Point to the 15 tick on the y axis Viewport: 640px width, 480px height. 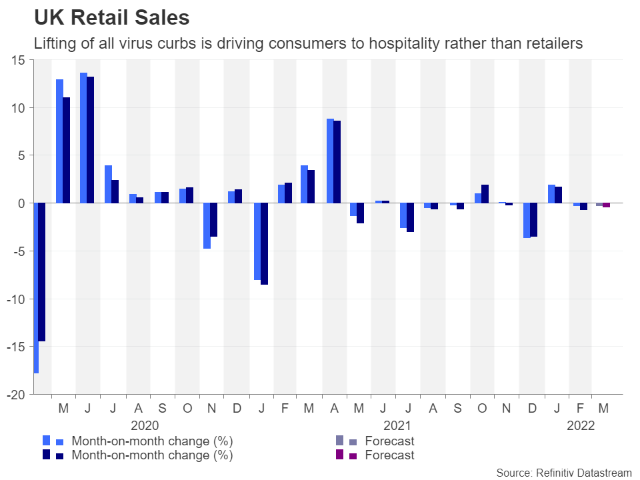18,60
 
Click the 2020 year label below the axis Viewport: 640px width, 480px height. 145,425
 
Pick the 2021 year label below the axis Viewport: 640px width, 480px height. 397,425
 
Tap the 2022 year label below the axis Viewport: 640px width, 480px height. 581,425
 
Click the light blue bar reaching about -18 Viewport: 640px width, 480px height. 35,288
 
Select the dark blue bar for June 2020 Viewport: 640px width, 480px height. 91,140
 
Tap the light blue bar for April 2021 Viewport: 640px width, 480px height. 330,161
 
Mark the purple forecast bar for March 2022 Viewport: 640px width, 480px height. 607,205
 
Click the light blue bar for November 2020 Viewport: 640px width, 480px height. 207,225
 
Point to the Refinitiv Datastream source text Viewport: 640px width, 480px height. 564,473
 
